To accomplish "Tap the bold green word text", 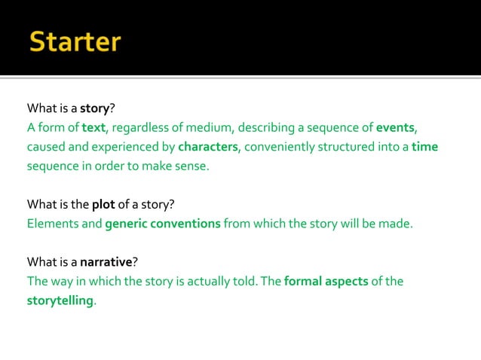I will point(93,127).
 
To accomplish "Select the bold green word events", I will point(396,127).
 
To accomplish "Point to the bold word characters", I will point(208,146).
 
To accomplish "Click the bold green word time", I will point(424,146).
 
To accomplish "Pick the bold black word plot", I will point(103,204).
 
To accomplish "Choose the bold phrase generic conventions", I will point(163,224).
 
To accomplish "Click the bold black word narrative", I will point(106,262).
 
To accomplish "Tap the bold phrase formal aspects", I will point(326,282).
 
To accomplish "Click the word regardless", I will point(140,127).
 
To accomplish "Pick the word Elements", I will point(50,224).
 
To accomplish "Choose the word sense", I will point(191,166).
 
